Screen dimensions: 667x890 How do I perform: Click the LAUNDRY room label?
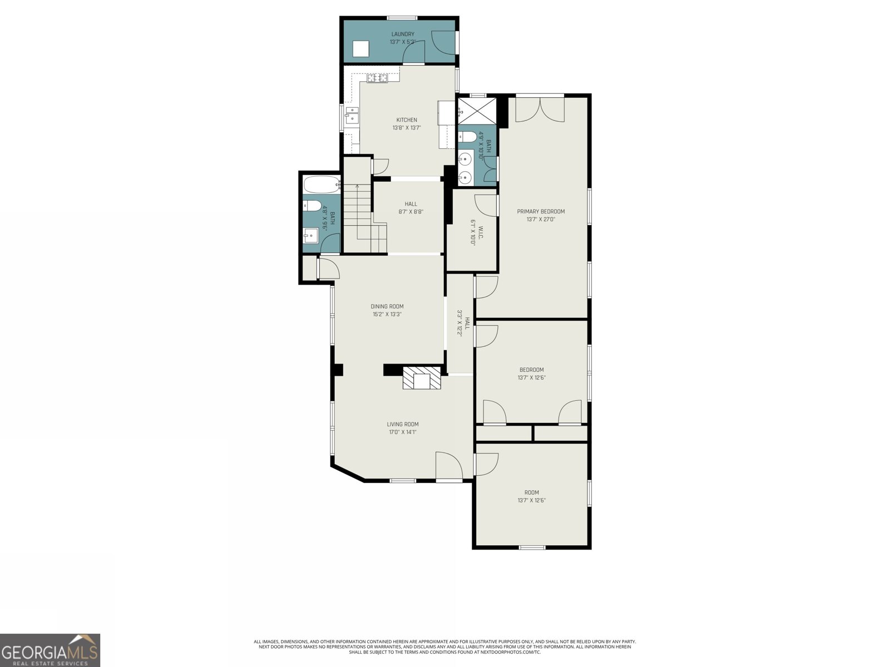(402, 34)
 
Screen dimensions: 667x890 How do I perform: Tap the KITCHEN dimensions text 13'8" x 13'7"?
(406, 128)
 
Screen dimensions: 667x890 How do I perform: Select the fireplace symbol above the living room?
(422, 379)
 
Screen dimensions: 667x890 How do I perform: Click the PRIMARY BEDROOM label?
(541, 211)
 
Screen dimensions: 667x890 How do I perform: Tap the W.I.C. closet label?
(473, 232)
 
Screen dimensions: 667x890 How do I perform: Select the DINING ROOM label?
(387, 306)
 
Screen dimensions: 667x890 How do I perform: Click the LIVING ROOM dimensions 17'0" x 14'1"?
(402, 432)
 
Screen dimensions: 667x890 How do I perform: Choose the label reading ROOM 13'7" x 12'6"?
(531, 496)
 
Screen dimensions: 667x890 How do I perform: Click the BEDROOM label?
(531, 370)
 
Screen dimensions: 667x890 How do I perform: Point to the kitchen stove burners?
(377, 78)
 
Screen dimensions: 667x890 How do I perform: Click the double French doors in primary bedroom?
(540, 109)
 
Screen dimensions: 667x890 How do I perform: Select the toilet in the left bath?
(312, 206)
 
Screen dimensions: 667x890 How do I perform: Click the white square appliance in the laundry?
(362, 49)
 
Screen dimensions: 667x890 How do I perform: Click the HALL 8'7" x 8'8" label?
(411, 207)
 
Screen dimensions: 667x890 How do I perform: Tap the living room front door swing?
(448, 466)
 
